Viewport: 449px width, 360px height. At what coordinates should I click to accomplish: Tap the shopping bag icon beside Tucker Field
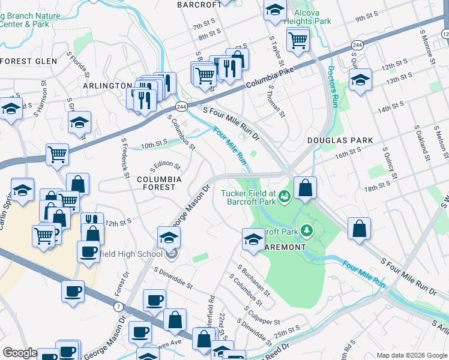[x=306, y=188]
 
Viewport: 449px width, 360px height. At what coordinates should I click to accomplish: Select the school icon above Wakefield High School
[x=169, y=238]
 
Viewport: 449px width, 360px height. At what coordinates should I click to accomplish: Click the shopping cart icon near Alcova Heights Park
[x=298, y=40]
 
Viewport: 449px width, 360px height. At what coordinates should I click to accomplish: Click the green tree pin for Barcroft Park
[x=307, y=230]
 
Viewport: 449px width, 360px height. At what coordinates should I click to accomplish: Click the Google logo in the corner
[x=20, y=353]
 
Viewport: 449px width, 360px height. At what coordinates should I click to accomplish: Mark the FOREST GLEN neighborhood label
[x=29, y=61]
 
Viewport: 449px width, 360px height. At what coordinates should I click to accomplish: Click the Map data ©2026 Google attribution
[x=411, y=355]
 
